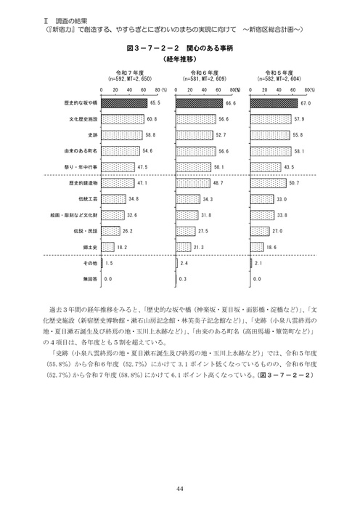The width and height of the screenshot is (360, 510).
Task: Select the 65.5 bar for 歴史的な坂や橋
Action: point(125,103)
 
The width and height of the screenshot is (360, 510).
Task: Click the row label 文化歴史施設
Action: point(84,119)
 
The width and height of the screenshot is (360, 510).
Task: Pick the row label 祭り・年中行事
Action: point(83,167)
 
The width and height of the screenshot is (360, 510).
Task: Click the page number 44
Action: point(179,487)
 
